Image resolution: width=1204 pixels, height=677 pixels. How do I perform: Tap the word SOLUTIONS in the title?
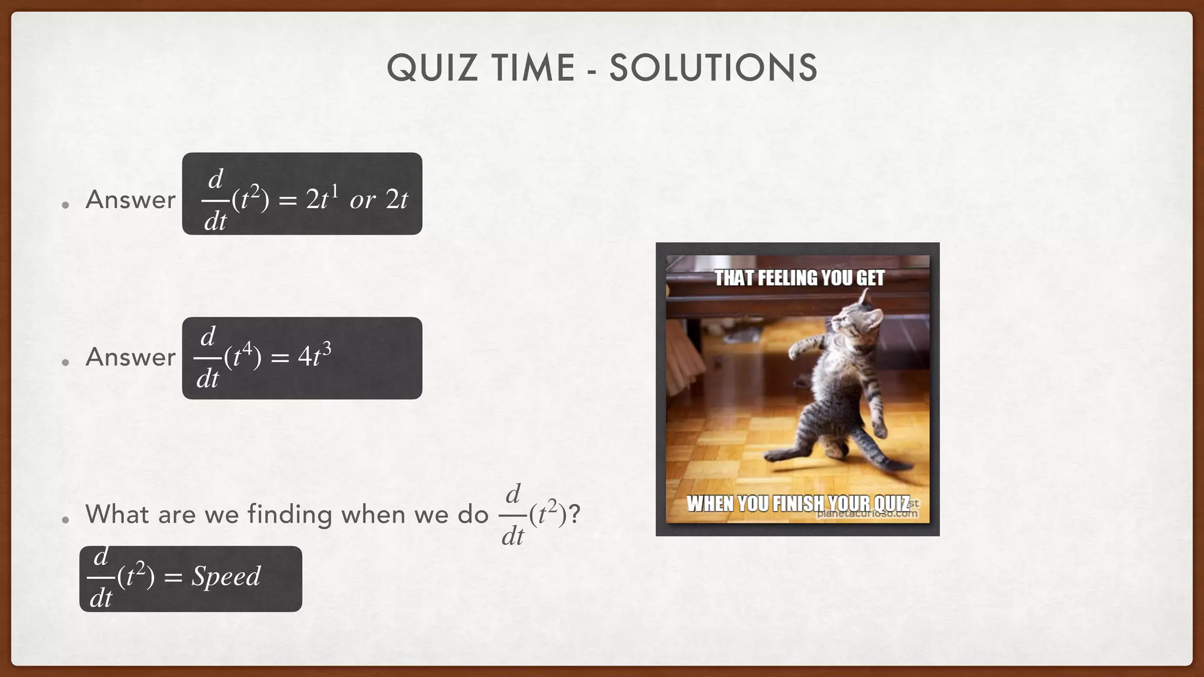point(713,68)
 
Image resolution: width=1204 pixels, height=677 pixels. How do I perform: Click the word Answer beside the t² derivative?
point(131,200)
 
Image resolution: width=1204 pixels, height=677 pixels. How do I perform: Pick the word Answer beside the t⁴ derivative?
point(131,357)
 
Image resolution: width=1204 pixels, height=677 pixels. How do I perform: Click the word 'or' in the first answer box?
point(363,200)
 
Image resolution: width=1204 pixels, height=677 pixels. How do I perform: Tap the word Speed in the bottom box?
point(226,577)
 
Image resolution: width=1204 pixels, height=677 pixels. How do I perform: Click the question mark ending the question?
point(574,514)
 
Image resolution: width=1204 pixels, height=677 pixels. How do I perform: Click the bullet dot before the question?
point(66,520)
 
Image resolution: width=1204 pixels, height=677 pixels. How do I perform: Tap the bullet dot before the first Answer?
point(66,205)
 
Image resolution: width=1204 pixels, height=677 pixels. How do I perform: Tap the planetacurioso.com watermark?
point(867,514)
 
